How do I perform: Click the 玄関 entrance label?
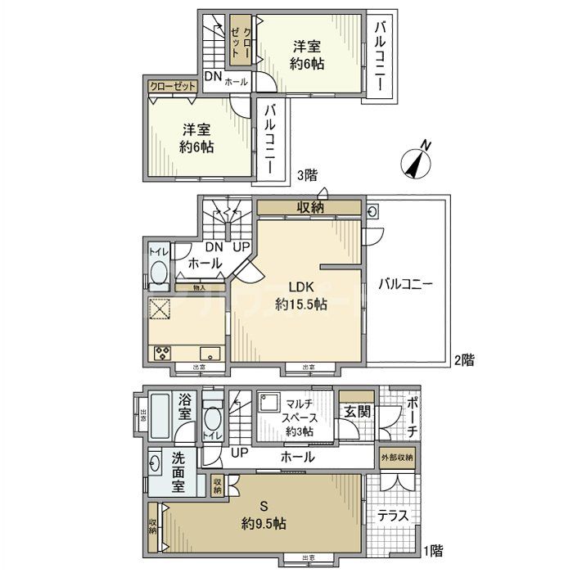pos(356,411)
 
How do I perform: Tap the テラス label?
pos(393,517)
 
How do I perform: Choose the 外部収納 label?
pos(396,456)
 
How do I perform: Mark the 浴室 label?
pos(186,407)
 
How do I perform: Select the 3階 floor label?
pos(306,174)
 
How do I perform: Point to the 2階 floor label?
pos(463,359)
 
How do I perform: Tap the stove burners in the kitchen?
pos(160,354)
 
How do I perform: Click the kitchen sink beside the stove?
pos(210,354)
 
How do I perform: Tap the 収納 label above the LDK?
pos(309,208)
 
